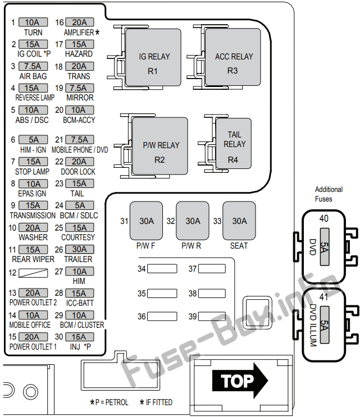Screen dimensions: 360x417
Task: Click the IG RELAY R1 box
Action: point(153,57)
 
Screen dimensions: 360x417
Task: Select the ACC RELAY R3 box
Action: point(233,57)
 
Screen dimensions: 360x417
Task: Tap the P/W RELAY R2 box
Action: point(160,146)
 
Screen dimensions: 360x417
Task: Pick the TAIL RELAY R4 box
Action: point(234,143)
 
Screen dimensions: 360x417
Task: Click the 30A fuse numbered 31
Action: point(146,221)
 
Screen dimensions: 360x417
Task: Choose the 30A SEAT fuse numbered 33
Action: point(239,221)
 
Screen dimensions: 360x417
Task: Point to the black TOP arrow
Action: point(240,381)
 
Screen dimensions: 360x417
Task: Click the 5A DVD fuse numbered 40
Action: point(325,246)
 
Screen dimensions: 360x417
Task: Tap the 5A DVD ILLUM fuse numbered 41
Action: point(325,325)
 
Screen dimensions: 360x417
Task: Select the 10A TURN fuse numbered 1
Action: point(33,22)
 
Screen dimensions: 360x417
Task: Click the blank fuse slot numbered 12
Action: point(33,273)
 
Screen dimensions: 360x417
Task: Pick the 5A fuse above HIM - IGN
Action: point(33,140)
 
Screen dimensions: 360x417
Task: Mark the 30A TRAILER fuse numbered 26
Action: point(80,249)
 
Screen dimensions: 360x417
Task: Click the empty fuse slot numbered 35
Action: point(162,294)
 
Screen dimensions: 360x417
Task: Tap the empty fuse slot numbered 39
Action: point(212,317)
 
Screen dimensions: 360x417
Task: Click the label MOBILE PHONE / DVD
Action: point(80,150)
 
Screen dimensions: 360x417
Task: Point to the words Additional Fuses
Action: point(329,194)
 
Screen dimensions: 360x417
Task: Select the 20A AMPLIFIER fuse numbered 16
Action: point(80,22)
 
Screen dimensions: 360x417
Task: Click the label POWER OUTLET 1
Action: point(33,347)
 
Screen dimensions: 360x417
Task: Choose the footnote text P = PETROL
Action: point(112,402)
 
